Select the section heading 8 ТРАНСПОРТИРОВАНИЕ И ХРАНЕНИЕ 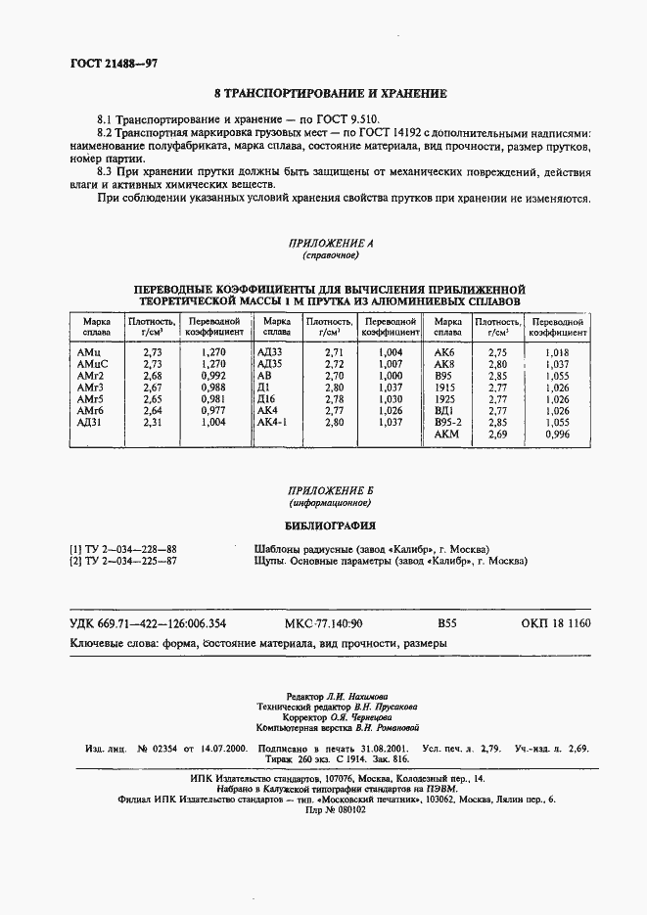click(324, 94)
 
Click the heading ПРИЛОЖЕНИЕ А click(324, 242)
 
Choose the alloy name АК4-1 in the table click(271, 422)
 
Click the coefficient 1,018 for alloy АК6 click(557, 351)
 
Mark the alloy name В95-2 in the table click(447, 422)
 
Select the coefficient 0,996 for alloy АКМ click(557, 434)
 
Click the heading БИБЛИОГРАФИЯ click(324, 525)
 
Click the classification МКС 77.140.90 click(323, 623)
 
